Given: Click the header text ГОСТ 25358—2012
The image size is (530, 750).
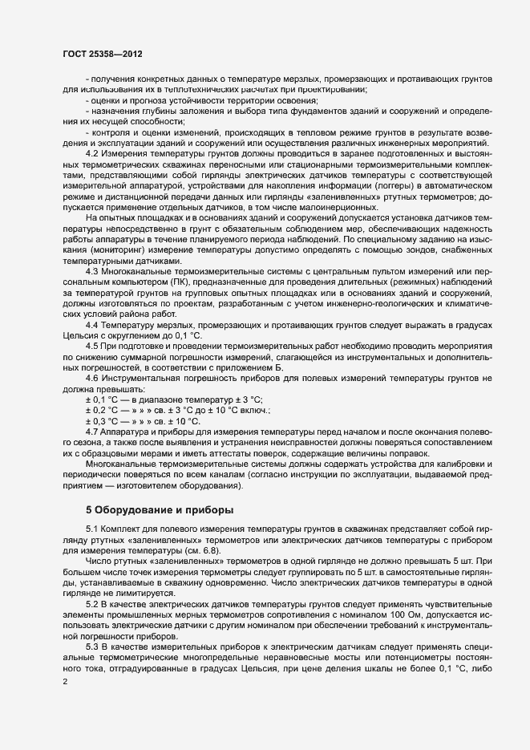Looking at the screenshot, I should click(103, 55).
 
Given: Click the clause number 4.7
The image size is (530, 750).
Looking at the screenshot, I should click(92, 432).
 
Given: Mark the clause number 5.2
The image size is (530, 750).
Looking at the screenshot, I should click(92, 602).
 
